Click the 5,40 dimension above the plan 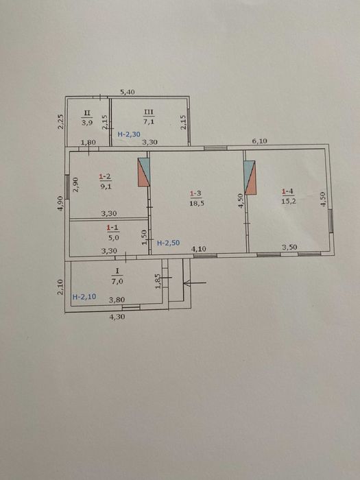[x=128, y=92]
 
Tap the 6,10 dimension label [x=260, y=141]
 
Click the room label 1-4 [x=287, y=192]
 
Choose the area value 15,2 [x=288, y=201]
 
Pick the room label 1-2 [x=105, y=177]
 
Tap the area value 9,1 [x=106, y=186]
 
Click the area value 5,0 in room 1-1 [x=112, y=237]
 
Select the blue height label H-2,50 [x=168, y=243]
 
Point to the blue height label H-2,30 [x=129, y=134]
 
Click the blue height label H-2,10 [x=84, y=297]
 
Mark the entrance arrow [x=195, y=283]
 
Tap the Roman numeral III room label [x=149, y=112]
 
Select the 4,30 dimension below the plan [x=117, y=317]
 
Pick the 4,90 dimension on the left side [x=60, y=203]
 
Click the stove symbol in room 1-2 [x=144, y=172]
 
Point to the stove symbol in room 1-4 [x=250, y=178]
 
